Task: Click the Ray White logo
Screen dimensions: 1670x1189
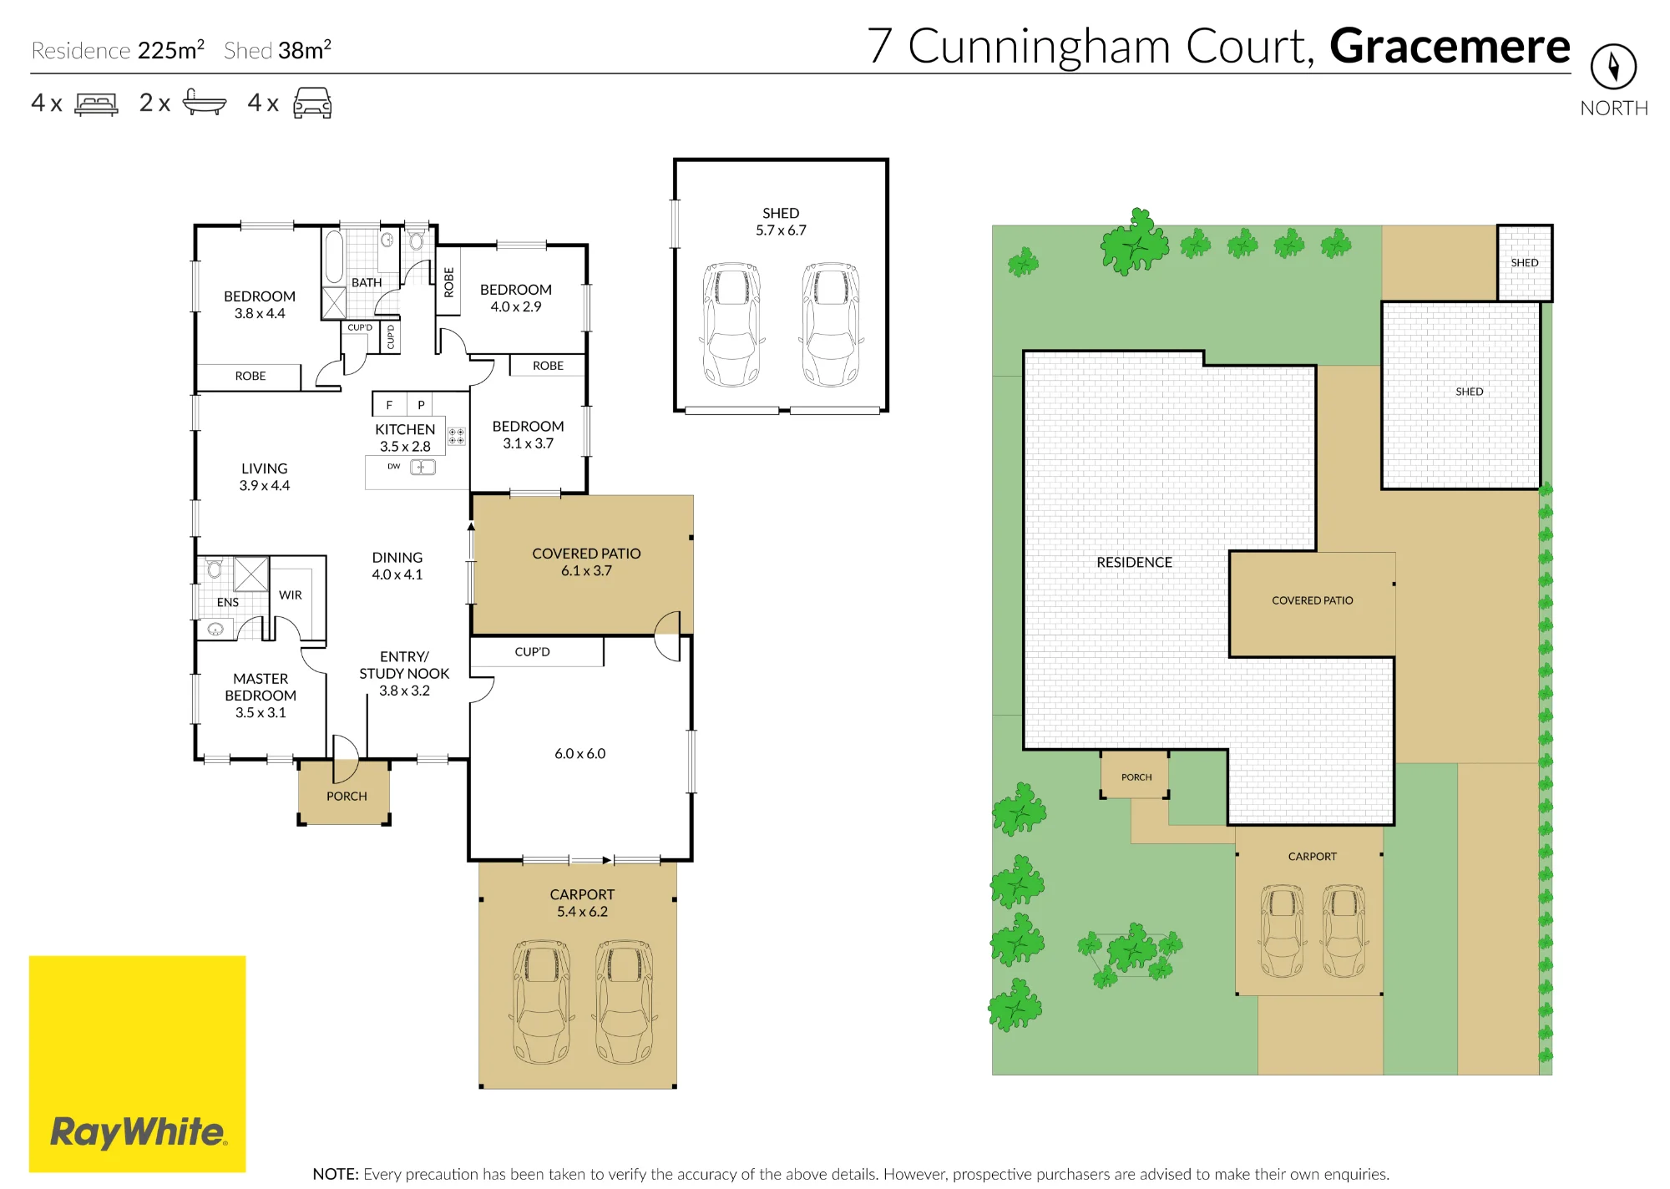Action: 137,1063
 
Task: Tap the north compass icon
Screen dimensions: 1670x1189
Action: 1613,67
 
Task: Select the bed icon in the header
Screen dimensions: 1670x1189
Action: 96,104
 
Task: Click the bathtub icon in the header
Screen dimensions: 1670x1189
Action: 204,102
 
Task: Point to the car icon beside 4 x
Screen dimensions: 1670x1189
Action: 312,103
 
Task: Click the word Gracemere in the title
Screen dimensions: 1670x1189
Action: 1450,46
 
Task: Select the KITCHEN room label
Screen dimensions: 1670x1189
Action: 405,429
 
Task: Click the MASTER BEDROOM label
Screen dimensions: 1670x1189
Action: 261,687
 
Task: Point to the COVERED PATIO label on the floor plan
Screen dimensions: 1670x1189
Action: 586,554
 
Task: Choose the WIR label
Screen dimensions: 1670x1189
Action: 291,595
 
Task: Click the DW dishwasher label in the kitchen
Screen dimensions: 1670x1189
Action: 393,466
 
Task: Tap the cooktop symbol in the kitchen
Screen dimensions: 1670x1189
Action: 457,436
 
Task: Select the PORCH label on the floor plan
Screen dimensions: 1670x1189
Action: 347,797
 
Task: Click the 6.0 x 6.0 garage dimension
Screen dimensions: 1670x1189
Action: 580,753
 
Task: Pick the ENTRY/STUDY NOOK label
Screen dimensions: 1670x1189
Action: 404,665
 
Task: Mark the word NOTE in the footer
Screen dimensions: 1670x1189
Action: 336,1174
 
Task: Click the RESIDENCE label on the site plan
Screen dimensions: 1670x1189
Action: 1134,563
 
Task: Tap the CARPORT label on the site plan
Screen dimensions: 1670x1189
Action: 1312,857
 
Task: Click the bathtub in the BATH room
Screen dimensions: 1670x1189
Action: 334,256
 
